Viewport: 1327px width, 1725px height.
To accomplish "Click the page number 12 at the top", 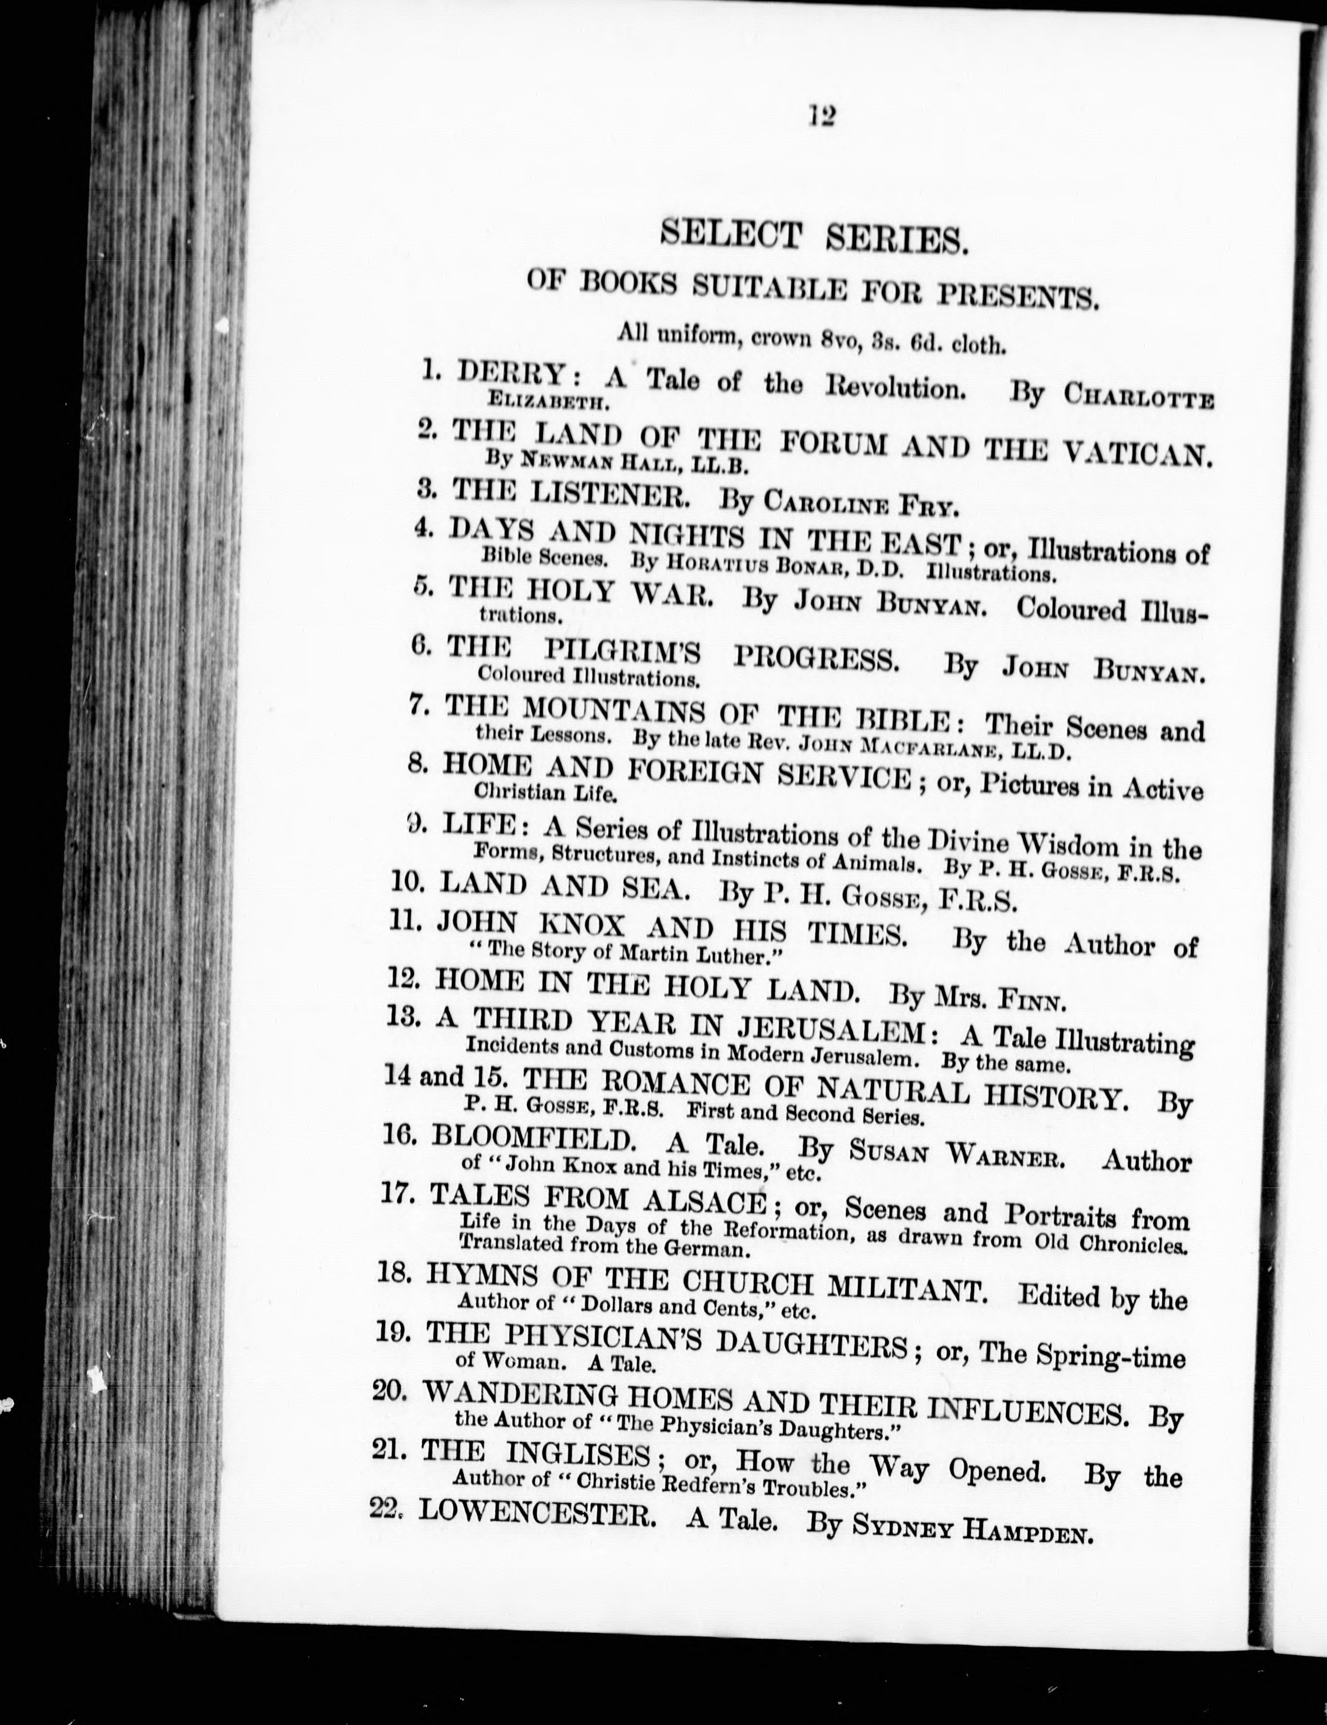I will tap(821, 117).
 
